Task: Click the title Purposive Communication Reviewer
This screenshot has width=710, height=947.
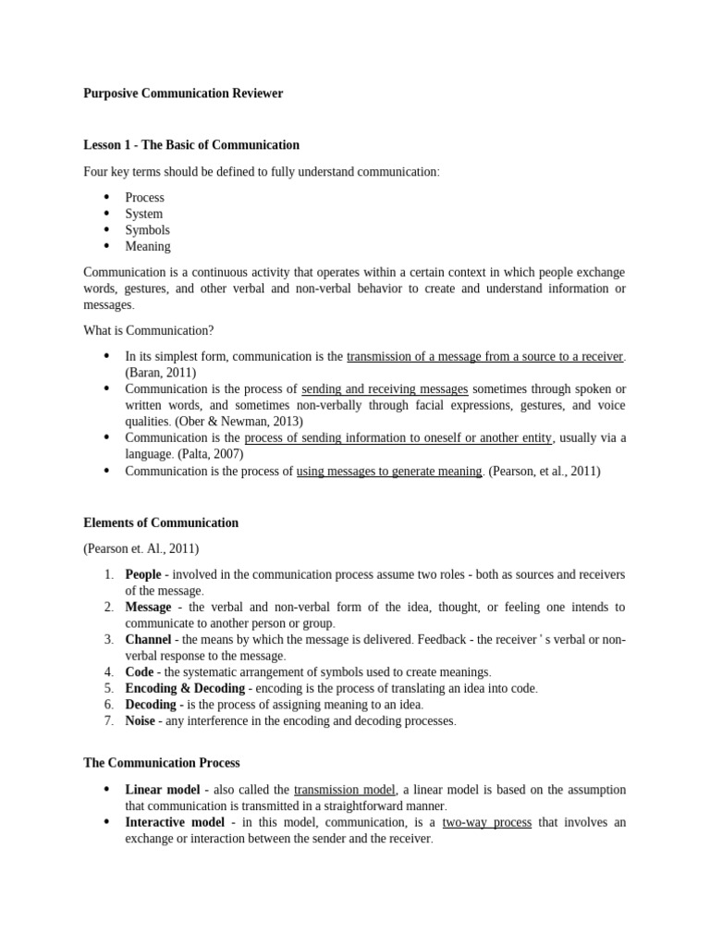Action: pyautogui.click(x=183, y=93)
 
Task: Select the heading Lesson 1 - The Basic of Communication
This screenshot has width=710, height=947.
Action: pyautogui.click(x=191, y=145)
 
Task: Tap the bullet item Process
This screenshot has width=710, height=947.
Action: pyautogui.click(x=144, y=197)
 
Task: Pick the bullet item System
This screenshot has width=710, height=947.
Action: pyautogui.click(x=143, y=214)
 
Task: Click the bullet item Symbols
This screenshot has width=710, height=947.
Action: pyautogui.click(x=147, y=230)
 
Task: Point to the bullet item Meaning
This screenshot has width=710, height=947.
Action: pyautogui.click(x=148, y=247)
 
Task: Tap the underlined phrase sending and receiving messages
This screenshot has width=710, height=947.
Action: pyautogui.click(x=385, y=389)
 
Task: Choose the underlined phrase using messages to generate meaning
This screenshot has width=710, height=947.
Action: pyautogui.click(x=389, y=471)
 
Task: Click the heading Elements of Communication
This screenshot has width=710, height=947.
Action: pyautogui.click(x=161, y=523)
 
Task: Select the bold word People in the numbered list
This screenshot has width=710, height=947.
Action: pyautogui.click(x=143, y=574)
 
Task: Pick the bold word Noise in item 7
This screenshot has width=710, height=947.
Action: pyautogui.click(x=141, y=720)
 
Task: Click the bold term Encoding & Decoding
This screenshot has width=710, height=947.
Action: pyautogui.click(x=185, y=688)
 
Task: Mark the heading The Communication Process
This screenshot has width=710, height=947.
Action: pyautogui.click(x=162, y=763)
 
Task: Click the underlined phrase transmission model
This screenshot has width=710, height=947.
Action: pyautogui.click(x=345, y=790)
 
